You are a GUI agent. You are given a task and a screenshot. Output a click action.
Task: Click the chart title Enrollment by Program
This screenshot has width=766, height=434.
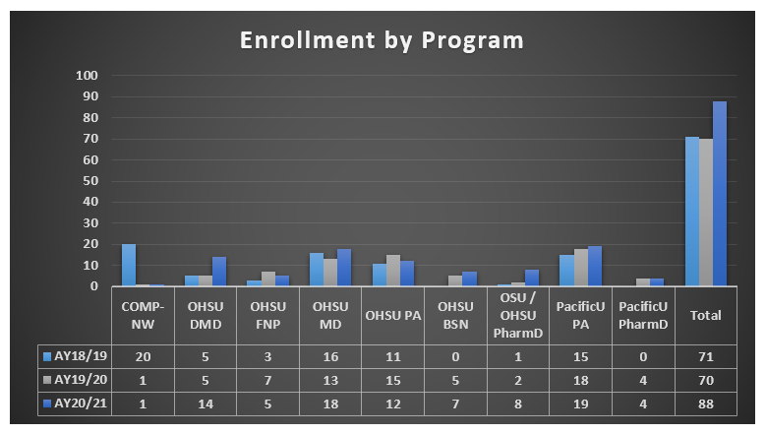click(x=383, y=40)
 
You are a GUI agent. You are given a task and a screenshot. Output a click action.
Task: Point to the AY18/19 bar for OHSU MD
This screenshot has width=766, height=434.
click(x=317, y=270)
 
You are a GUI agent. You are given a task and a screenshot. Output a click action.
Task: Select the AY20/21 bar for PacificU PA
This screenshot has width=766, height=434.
click(x=594, y=267)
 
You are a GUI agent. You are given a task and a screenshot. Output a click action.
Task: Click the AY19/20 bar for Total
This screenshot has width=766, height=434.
click(x=706, y=213)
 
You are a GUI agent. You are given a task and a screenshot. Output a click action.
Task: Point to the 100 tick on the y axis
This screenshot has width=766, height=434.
click(x=87, y=76)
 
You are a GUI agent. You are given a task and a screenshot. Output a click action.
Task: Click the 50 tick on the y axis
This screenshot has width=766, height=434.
click(x=89, y=181)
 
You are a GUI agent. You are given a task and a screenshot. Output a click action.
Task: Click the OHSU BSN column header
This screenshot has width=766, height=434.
click(x=455, y=315)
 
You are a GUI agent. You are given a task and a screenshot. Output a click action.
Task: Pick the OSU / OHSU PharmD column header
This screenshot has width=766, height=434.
click(x=518, y=315)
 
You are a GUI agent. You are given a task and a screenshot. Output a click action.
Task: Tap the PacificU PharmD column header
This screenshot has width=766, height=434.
click(x=643, y=315)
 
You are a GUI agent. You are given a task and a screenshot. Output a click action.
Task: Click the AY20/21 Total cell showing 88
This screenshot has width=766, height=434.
click(x=705, y=403)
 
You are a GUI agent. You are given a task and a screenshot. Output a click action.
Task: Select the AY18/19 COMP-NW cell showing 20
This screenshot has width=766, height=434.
click(x=143, y=355)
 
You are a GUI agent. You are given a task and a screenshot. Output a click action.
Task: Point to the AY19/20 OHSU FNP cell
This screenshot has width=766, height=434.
click(x=267, y=379)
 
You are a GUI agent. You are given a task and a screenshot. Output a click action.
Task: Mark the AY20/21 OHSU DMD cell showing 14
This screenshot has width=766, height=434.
click(x=205, y=403)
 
